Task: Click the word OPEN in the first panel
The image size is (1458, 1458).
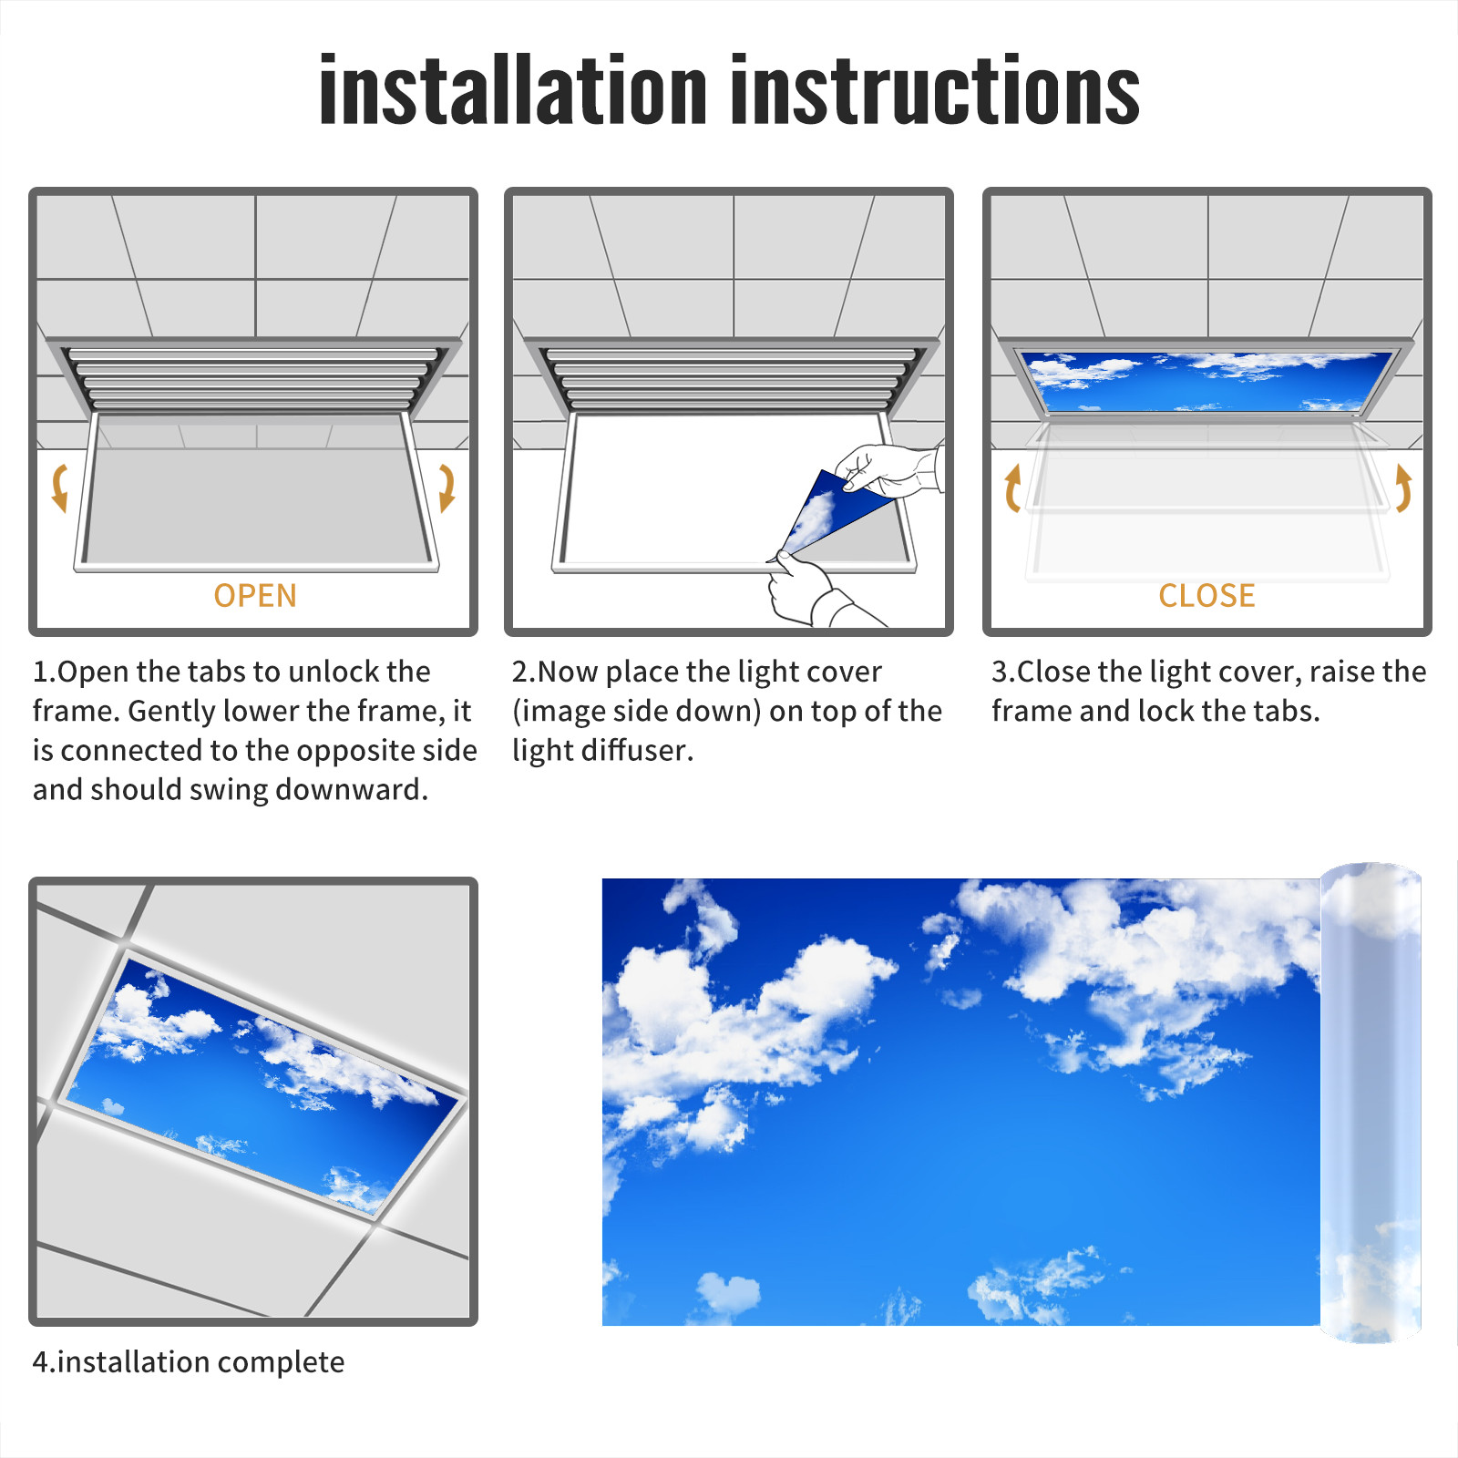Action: click(x=255, y=596)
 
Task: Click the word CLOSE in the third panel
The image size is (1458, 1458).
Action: click(x=1206, y=596)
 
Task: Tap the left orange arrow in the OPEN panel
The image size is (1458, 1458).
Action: click(x=60, y=488)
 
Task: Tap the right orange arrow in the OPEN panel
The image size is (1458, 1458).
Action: click(x=447, y=488)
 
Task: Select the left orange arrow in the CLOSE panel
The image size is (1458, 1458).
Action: click(x=1011, y=488)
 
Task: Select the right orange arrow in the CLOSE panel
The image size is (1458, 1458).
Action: click(x=1404, y=488)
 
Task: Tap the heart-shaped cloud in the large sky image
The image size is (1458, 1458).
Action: click(x=728, y=1293)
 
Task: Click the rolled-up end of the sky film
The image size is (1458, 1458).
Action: click(x=1371, y=1103)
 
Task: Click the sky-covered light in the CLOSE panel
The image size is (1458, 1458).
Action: click(x=1206, y=381)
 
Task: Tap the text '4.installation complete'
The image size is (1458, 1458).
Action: click(x=189, y=1362)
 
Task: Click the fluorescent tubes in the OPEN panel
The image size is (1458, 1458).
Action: click(x=253, y=378)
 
